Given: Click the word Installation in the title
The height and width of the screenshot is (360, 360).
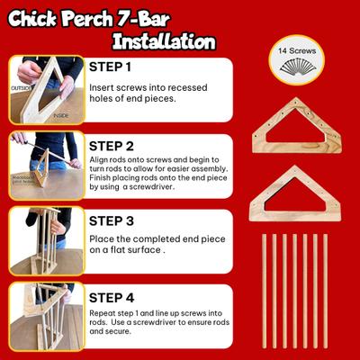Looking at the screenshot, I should [165, 41].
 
